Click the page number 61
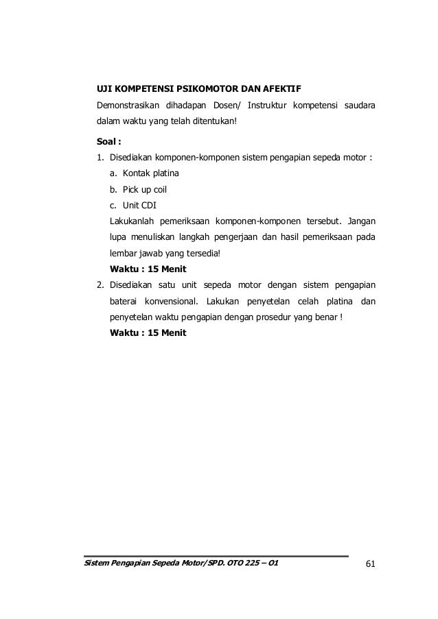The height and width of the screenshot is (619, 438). (370, 564)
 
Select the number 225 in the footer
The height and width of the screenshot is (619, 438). (246, 564)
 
